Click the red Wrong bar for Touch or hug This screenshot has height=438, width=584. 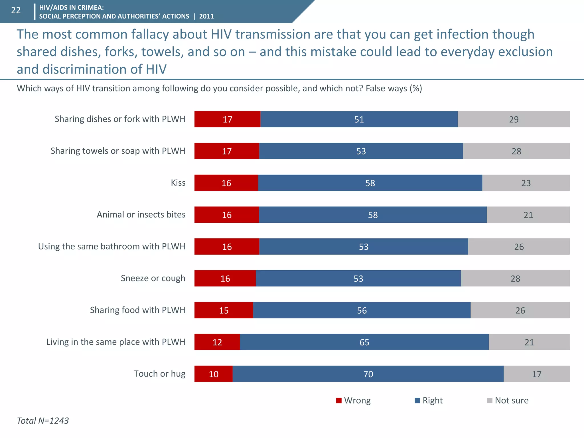(213, 374)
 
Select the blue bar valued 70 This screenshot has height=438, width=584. (368, 374)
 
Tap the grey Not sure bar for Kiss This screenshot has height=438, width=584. (526, 183)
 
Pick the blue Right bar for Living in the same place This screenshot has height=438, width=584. (364, 342)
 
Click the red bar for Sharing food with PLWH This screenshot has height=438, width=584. (224, 310)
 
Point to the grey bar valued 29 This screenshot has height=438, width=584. (514, 119)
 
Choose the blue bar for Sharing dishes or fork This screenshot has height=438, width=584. (359, 119)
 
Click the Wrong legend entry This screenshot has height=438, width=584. (354, 400)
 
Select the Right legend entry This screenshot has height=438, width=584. (429, 400)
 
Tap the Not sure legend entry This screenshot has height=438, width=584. (508, 400)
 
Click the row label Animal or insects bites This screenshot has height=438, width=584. (141, 214)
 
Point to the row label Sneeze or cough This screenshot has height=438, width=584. (153, 278)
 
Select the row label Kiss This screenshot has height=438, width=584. (178, 182)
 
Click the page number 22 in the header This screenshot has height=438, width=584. (16, 11)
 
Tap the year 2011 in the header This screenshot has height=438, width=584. (206, 16)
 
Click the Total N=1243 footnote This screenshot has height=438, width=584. (43, 421)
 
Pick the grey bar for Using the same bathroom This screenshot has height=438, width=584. (519, 246)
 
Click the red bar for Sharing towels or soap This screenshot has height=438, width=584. (227, 151)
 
